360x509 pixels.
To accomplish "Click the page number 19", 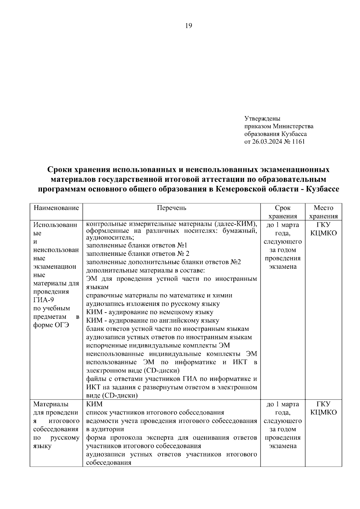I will tap(188, 25).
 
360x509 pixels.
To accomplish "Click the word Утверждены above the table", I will tap(262, 118).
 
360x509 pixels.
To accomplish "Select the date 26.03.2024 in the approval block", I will tap(265, 142).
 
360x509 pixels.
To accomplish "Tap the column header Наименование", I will tap(56, 208).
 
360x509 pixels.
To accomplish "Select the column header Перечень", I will tap(171, 208).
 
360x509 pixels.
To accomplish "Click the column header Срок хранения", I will tap(283, 212).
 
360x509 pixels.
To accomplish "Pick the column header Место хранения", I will tap(323, 212).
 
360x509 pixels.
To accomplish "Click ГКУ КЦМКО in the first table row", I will tap(323, 229).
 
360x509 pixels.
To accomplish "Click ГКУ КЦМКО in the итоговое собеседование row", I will tap(323, 408).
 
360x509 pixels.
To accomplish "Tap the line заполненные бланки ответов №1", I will tap(137, 245).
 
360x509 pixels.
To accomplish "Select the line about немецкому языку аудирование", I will tap(150, 312).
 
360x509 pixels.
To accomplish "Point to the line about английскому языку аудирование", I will tap(152, 320).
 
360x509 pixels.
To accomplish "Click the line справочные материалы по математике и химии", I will tap(159, 295).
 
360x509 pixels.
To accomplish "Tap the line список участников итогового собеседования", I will tap(155, 412).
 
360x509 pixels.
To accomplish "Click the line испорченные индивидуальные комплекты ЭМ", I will tap(158, 346).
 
